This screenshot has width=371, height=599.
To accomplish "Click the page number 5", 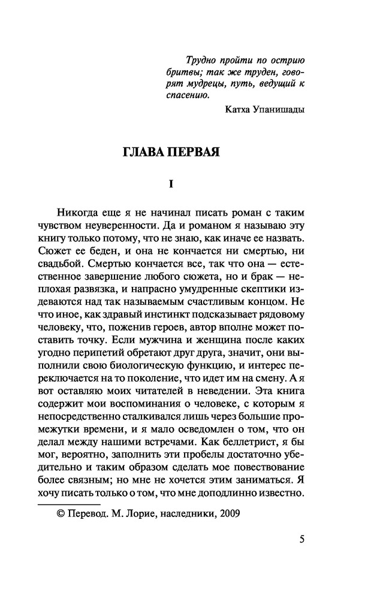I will [x=302, y=539].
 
